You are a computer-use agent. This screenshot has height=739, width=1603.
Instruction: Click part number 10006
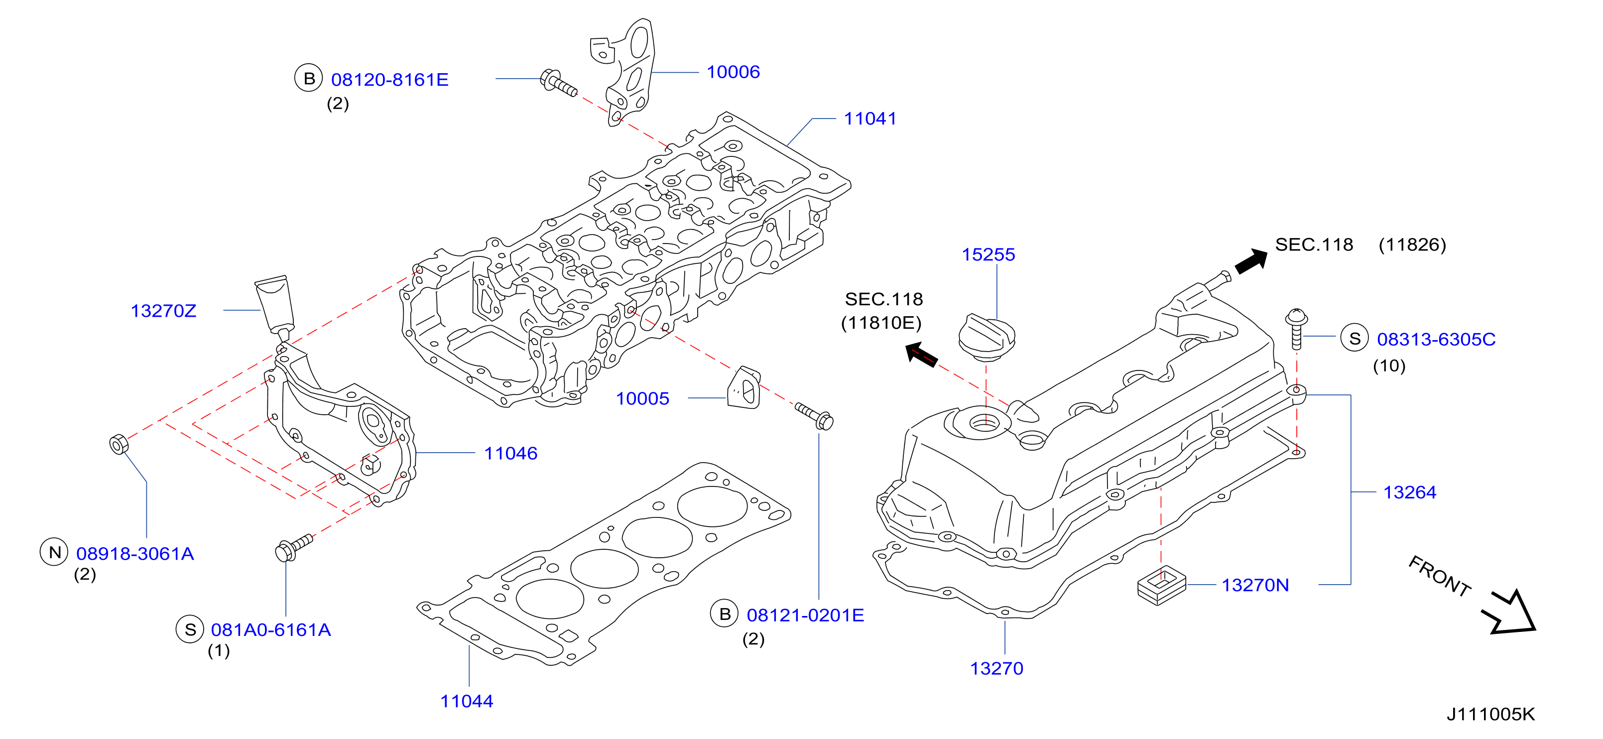click(x=733, y=72)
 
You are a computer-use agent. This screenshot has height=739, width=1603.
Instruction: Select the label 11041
click(x=870, y=119)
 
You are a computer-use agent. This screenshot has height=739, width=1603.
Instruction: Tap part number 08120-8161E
click(x=389, y=80)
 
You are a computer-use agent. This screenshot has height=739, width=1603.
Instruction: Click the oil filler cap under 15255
click(x=987, y=339)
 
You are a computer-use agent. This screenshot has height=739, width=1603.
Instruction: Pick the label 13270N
click(x=1255, y=585)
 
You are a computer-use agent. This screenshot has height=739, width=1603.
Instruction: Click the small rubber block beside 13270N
click(x=1162, y=585)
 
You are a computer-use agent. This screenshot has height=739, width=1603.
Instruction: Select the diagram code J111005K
click(x=1490, y=714)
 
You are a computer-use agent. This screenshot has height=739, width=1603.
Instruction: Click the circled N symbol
click(x=55, y=552)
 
